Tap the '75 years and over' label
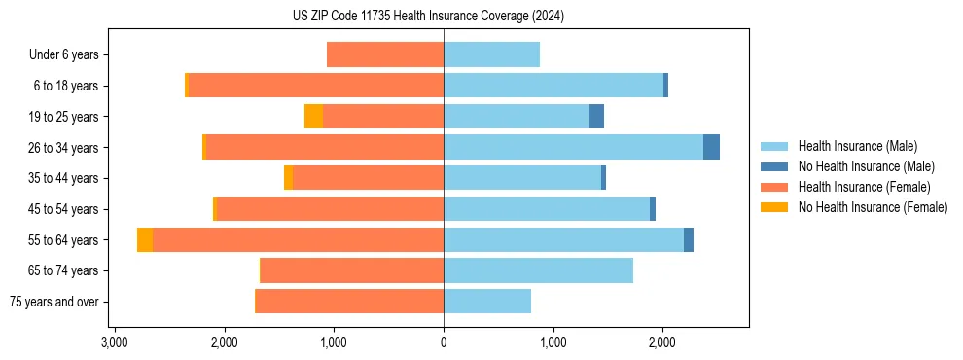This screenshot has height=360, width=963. pos(54,302)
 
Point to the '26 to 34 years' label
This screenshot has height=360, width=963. pos(64,148)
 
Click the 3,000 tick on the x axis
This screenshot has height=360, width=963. pos(115,342)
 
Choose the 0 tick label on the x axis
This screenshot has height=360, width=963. pos(444,342)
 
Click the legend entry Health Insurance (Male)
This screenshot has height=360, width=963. pos(857,146)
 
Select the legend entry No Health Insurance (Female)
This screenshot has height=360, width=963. pos(873,207)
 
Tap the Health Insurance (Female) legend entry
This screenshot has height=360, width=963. pos(864,187)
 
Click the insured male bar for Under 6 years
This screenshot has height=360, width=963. pos(491,55)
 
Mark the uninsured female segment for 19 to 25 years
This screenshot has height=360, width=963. pos(313,117)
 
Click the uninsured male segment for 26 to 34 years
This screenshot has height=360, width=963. pos(711,148)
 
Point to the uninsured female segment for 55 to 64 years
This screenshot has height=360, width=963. pos(145,240)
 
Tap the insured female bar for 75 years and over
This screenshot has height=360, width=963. pos(349,302)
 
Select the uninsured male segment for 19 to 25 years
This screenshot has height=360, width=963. pos(596,117)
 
